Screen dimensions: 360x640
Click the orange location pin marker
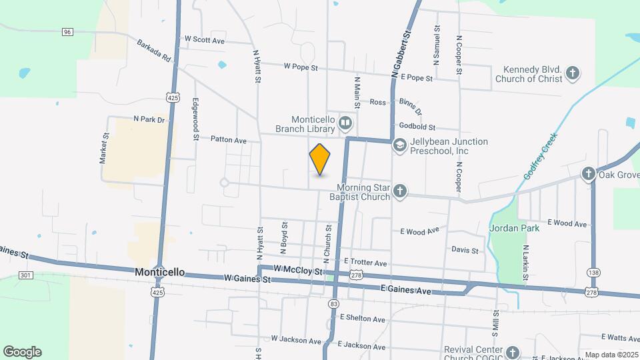(320, 159)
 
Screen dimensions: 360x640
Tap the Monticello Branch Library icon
(345, 122)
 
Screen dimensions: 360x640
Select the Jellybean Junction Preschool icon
(399, 145)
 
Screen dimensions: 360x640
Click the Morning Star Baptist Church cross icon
(399, 192)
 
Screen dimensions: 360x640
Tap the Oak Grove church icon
(588, 174)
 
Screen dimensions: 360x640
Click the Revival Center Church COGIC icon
(512, 352)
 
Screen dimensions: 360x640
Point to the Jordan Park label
(513, 227)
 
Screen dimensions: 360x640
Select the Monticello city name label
(159, 273)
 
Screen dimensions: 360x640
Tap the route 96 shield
(67, 31)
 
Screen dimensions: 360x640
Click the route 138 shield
(593, 272)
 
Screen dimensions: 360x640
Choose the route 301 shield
(26, 275)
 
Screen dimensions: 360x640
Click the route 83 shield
(333, 303)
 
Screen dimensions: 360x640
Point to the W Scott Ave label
(205, 40)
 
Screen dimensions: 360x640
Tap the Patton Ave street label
(229, 140)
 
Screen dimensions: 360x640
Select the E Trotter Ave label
(365, 263)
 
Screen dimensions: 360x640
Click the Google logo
(22, 351)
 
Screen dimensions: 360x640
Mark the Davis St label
(465, 251)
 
